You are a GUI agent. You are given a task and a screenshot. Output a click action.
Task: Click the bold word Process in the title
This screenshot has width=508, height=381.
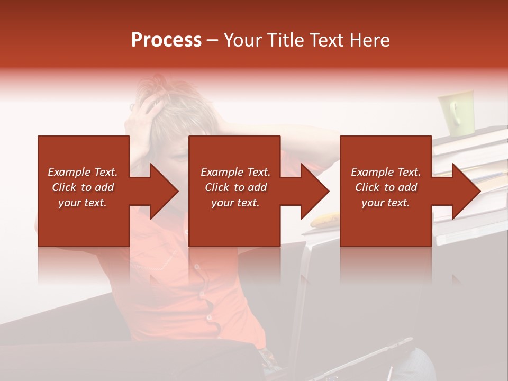[x=166, y=40]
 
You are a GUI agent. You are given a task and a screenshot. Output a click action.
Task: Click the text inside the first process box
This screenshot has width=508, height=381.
[x=83, y=187]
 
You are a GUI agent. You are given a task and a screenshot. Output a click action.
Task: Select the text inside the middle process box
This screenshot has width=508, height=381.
[x=235, y=187]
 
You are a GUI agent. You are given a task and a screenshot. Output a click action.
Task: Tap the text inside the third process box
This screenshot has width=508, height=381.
[x=385, y=187]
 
